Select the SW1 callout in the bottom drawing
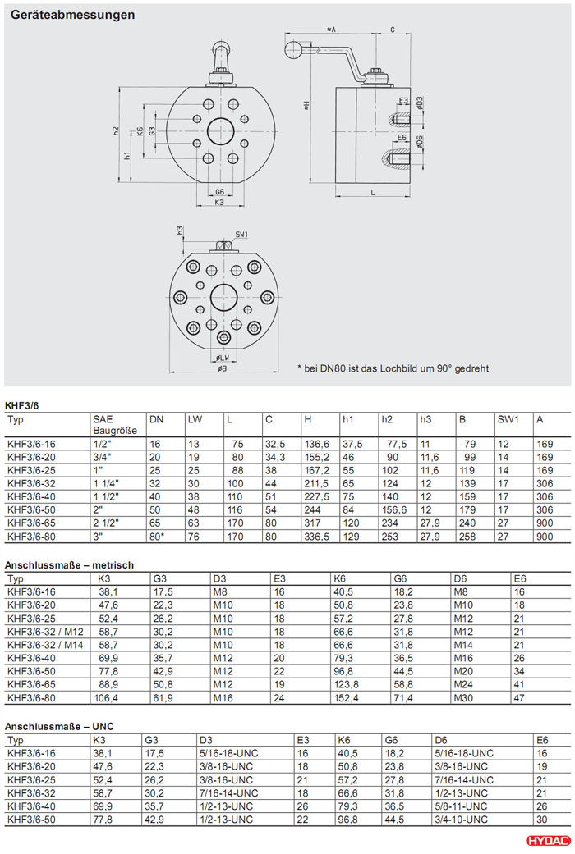click(x=241, y=235)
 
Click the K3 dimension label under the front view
click(x=219, y=202)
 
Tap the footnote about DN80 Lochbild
click(x=393, y=368)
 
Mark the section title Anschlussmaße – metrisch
click(x=69, y=565)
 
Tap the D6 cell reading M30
click(x=464, y=697)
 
